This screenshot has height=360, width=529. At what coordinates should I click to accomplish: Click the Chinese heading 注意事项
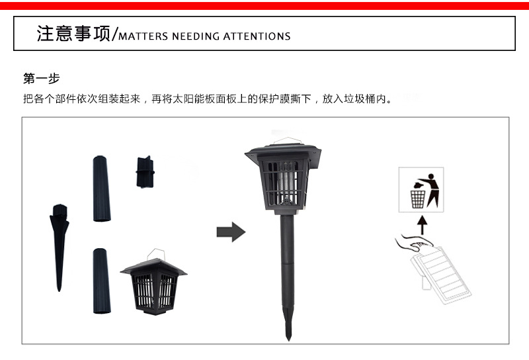coord(73,34)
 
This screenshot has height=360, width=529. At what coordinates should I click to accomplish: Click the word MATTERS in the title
coord(143,36)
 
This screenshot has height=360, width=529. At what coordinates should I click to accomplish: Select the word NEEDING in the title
coord(195,36)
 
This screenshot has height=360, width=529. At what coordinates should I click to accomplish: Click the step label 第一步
coord(41,79)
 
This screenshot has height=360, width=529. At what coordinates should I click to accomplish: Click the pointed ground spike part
coord(60,247)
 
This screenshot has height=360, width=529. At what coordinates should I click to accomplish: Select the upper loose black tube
coord(102,189)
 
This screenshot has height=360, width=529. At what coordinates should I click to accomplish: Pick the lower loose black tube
coord(102,281)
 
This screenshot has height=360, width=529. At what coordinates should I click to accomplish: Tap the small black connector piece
coord(145,172)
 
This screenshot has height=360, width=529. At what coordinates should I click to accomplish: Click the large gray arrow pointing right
coord(231,232)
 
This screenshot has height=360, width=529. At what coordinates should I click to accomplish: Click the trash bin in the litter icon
coord(418,199)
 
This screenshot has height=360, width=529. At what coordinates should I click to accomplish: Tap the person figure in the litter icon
coord(432,190)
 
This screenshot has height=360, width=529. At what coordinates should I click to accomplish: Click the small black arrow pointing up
coord(422,225)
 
